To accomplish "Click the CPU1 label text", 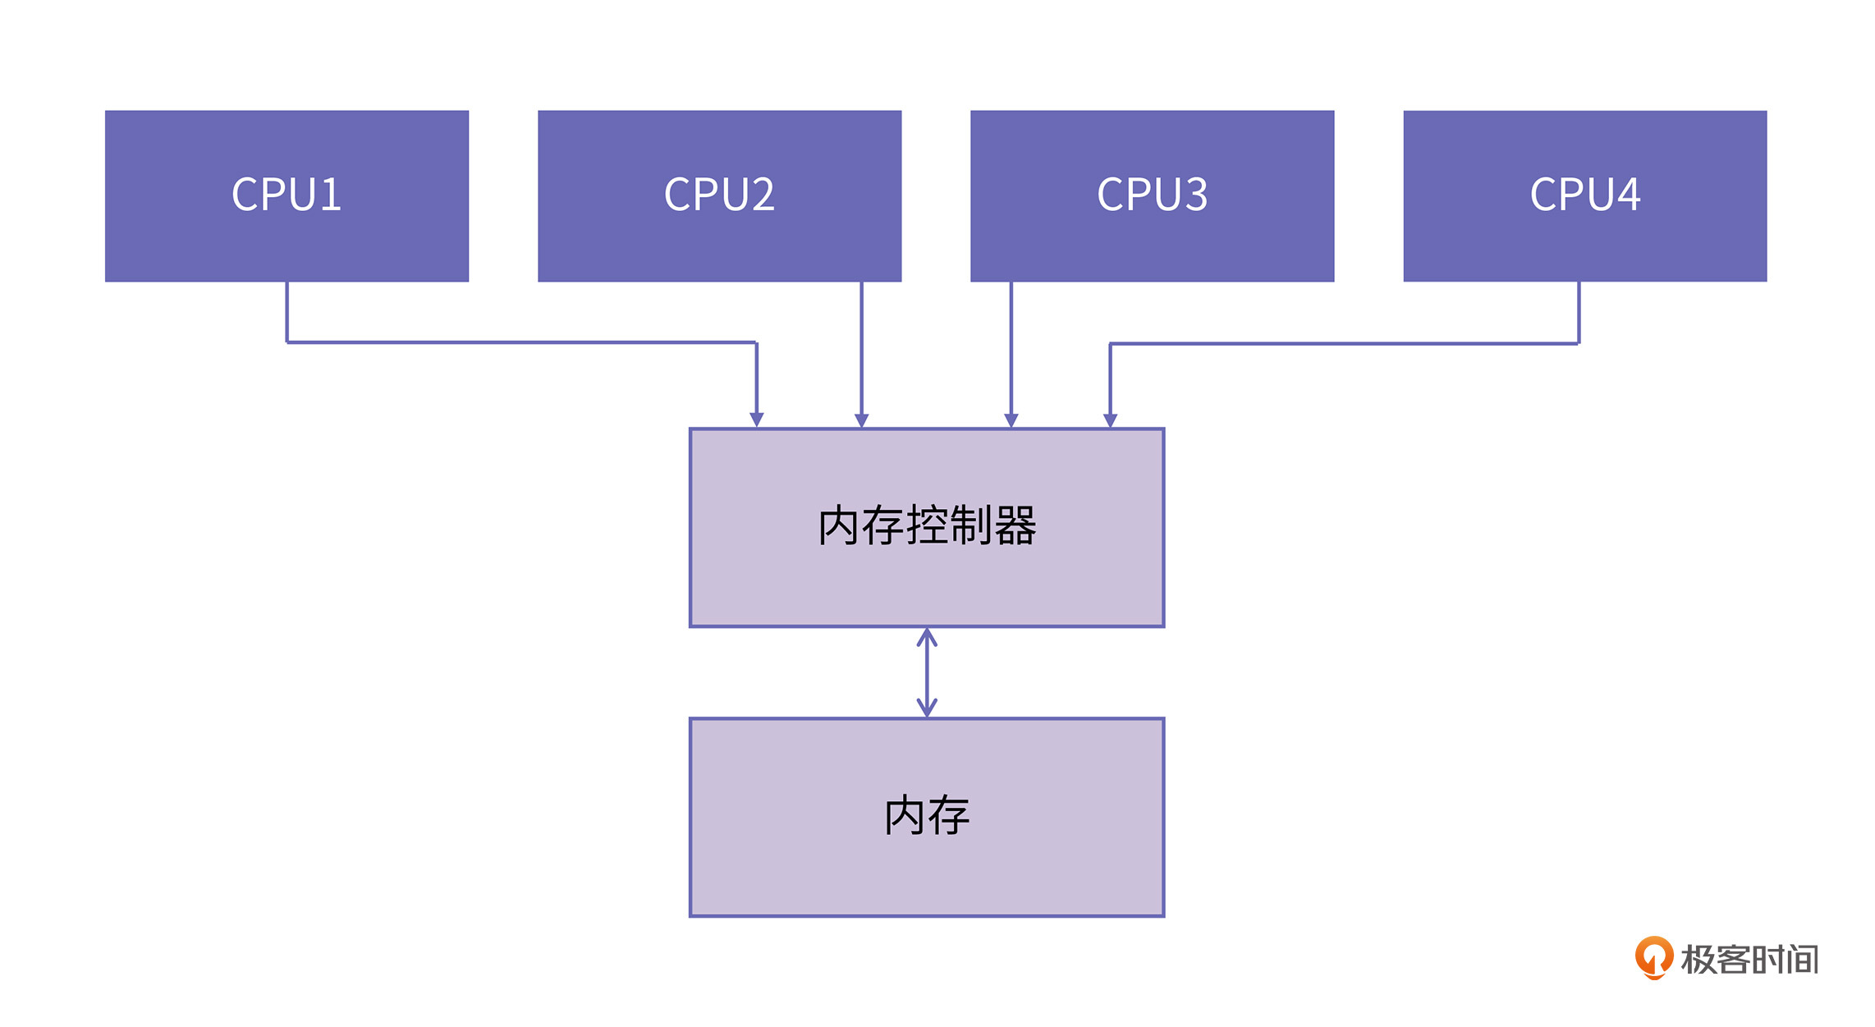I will pos(287,195).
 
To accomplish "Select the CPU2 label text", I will pos(719,195).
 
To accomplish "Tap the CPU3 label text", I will pos(1152,195).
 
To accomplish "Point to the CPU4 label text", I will pos(1584,195).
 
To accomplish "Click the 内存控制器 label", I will pos(927,525).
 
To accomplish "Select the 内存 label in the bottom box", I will pos(927,815).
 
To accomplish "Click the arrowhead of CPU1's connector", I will pos(757,420).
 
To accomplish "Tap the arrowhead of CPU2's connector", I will pos(861,420).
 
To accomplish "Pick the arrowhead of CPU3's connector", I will pos(1011,420).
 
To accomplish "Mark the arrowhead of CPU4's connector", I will pos(1110,420).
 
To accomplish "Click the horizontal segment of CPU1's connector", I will pos(521,342).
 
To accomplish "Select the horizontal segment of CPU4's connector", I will pos(1344,343).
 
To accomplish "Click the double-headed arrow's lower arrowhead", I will pos(927,708).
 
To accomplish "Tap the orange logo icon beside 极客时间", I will pos(1653,957).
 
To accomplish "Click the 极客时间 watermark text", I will pos(1749,959).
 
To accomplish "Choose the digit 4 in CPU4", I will pos(1626,195).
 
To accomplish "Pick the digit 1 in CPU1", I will pos(329,195).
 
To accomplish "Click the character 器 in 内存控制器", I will pos(1015,525).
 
